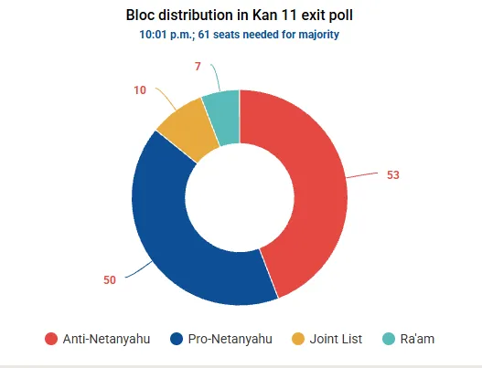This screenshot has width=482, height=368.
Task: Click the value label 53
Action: pos(393,175)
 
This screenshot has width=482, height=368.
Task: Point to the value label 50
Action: pos(110,280)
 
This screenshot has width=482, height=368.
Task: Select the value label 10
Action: pos(140,90)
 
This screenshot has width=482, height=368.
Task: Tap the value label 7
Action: pos(198,67)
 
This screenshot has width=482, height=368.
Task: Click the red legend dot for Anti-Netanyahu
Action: pos(51,339)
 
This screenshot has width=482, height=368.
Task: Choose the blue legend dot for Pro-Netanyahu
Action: pos(177,339)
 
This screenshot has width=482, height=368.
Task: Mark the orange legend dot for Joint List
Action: pos(298,339)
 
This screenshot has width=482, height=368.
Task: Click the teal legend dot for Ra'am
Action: pos(389,339)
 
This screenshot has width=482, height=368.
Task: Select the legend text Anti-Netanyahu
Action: pos(106,339)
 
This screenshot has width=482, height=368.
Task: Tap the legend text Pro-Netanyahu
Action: pos(230,339)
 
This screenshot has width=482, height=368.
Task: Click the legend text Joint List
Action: pos(336,339)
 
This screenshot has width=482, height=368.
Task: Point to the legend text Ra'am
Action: pos(417,339)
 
